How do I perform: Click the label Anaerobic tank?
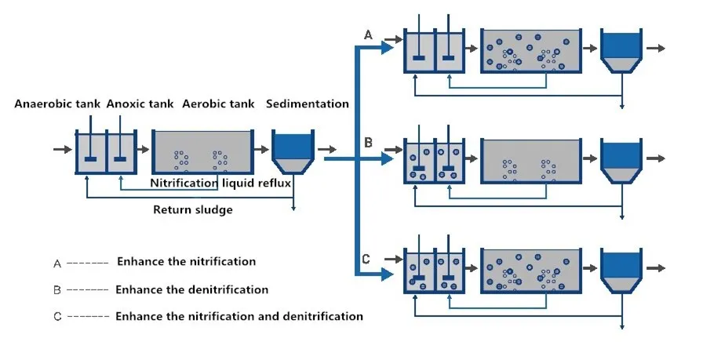tap(58, 104)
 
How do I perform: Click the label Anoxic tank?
tap(139, 104)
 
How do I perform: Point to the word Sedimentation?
tap(308, 104)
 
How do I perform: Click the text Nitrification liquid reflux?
tap(220, 184)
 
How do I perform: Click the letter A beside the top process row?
tap(367, 35)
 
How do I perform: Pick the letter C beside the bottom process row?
tap(367, 260)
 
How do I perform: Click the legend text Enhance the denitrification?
tap(191, 289)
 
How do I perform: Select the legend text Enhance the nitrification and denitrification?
tap(239, 316)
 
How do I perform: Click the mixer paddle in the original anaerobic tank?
tap(90, 159)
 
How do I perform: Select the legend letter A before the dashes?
tap(57, 264)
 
